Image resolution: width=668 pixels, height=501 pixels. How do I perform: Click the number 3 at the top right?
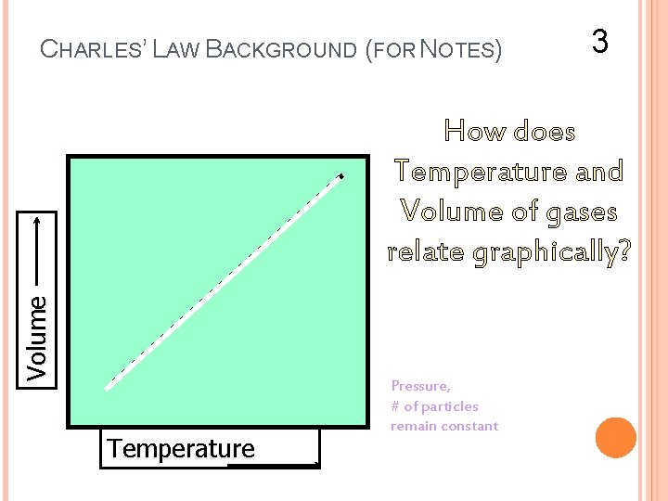[x=600, y=41]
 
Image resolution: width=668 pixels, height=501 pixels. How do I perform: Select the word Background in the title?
[x=282, y=48]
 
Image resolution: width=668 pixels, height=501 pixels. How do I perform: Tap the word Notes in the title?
[x=460, y=48]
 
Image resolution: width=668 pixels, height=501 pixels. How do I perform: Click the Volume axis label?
[x=38, y=337]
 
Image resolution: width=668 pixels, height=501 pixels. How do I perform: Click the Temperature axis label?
[x=181, y=449]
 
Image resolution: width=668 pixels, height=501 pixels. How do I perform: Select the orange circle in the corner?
[x=616, y=438]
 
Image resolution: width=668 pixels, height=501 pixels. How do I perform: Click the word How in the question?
[x=474, y=132]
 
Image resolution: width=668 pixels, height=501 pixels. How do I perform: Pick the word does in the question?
[x=543, y=132]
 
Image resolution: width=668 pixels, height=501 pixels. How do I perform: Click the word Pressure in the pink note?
[x=420, y=386]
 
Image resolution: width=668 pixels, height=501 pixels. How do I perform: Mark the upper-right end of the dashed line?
[x=340, y=175]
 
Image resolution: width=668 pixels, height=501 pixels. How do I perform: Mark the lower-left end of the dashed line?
[x=107, y=388]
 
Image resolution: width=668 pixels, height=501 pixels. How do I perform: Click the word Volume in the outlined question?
[x=451, y=212]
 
